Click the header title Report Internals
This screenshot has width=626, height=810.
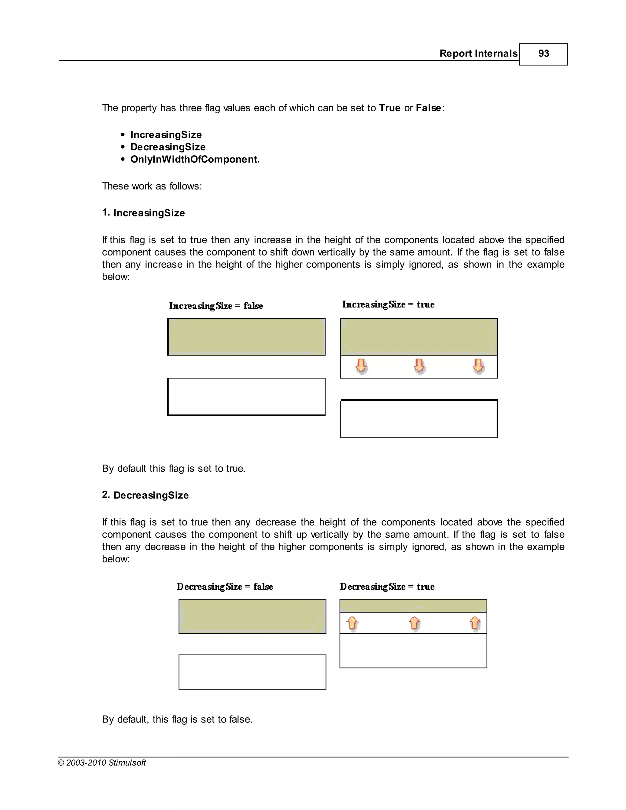[x=478, y=54]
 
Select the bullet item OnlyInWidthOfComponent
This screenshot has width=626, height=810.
[x=195, y=160]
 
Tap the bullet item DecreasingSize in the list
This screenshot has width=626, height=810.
[x=168, y=147]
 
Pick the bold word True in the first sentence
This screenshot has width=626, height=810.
[x=389, y=108]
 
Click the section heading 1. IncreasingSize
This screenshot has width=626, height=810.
[x=144, y=213]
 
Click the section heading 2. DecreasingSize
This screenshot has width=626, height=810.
[x=145, y=495]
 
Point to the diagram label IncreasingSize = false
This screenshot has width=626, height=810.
[x=216, y=306]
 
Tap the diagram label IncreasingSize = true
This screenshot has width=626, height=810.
[x=388, y=304]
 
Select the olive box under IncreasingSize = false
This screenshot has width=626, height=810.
[x=246, y=337]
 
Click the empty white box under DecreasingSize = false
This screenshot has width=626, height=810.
[x=252, y=672]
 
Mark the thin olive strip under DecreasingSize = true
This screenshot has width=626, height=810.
[x=413, y=606]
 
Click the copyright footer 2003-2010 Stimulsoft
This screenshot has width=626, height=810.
[x=102, y=763]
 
